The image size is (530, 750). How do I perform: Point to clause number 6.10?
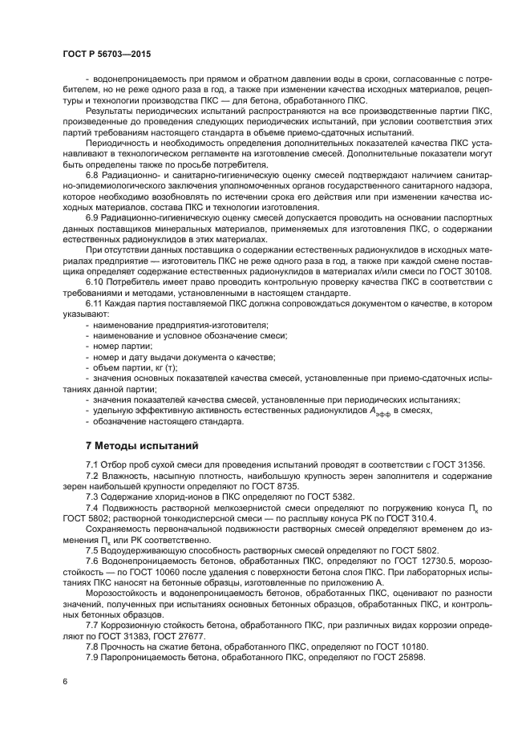pyautogui.click(x=96, y=304)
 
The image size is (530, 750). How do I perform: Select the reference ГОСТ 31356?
pyautogui.click(x=464, y=466)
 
